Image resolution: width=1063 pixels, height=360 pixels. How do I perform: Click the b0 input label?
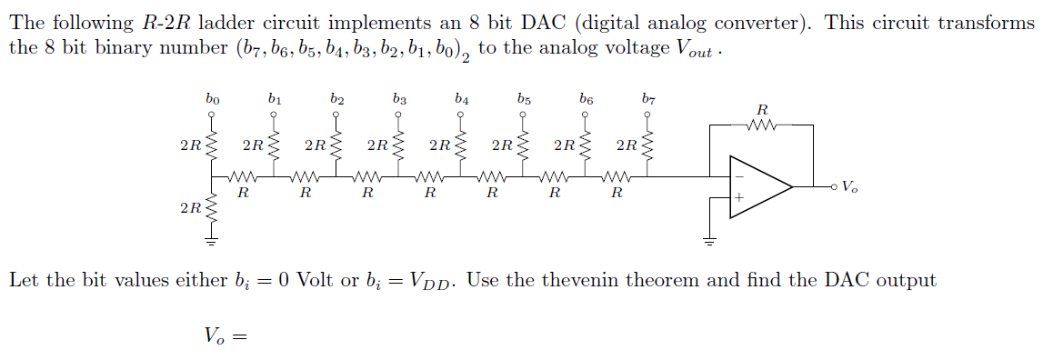[x=212, y=96]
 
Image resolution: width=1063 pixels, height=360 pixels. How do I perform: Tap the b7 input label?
[x=647, y=96]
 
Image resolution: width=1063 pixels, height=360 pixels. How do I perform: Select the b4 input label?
[x=461, y=96]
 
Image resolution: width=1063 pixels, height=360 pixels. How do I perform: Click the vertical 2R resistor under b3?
[x=399, y=145]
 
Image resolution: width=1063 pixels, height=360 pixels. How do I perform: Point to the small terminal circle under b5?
[x=523, y=115]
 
